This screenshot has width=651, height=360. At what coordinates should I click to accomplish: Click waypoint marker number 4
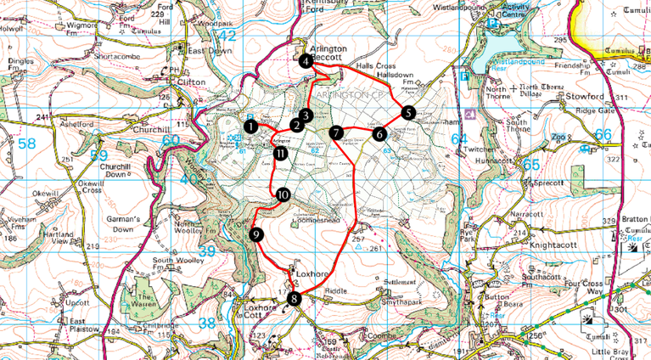pyautogui.click(x=306, y=60)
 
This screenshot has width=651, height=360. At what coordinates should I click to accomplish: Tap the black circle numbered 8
pyautogui.click(x=295, y=298)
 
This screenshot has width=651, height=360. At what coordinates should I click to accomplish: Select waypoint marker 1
pyautogui.click(x=250, y=126)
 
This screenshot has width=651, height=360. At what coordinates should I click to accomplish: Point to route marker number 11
pyautogui.click(x=280, y=154)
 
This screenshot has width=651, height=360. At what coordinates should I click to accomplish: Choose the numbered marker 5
pyautogui.click(x=408, y=112)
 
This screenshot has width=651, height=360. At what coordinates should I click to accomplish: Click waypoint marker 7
pyautogui.click(x=337, y=132)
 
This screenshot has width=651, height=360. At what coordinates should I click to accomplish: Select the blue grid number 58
pyautogui.click(x=27, y=144)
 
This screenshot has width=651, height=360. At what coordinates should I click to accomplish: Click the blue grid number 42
pyautogui.click(x=227, y=36)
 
